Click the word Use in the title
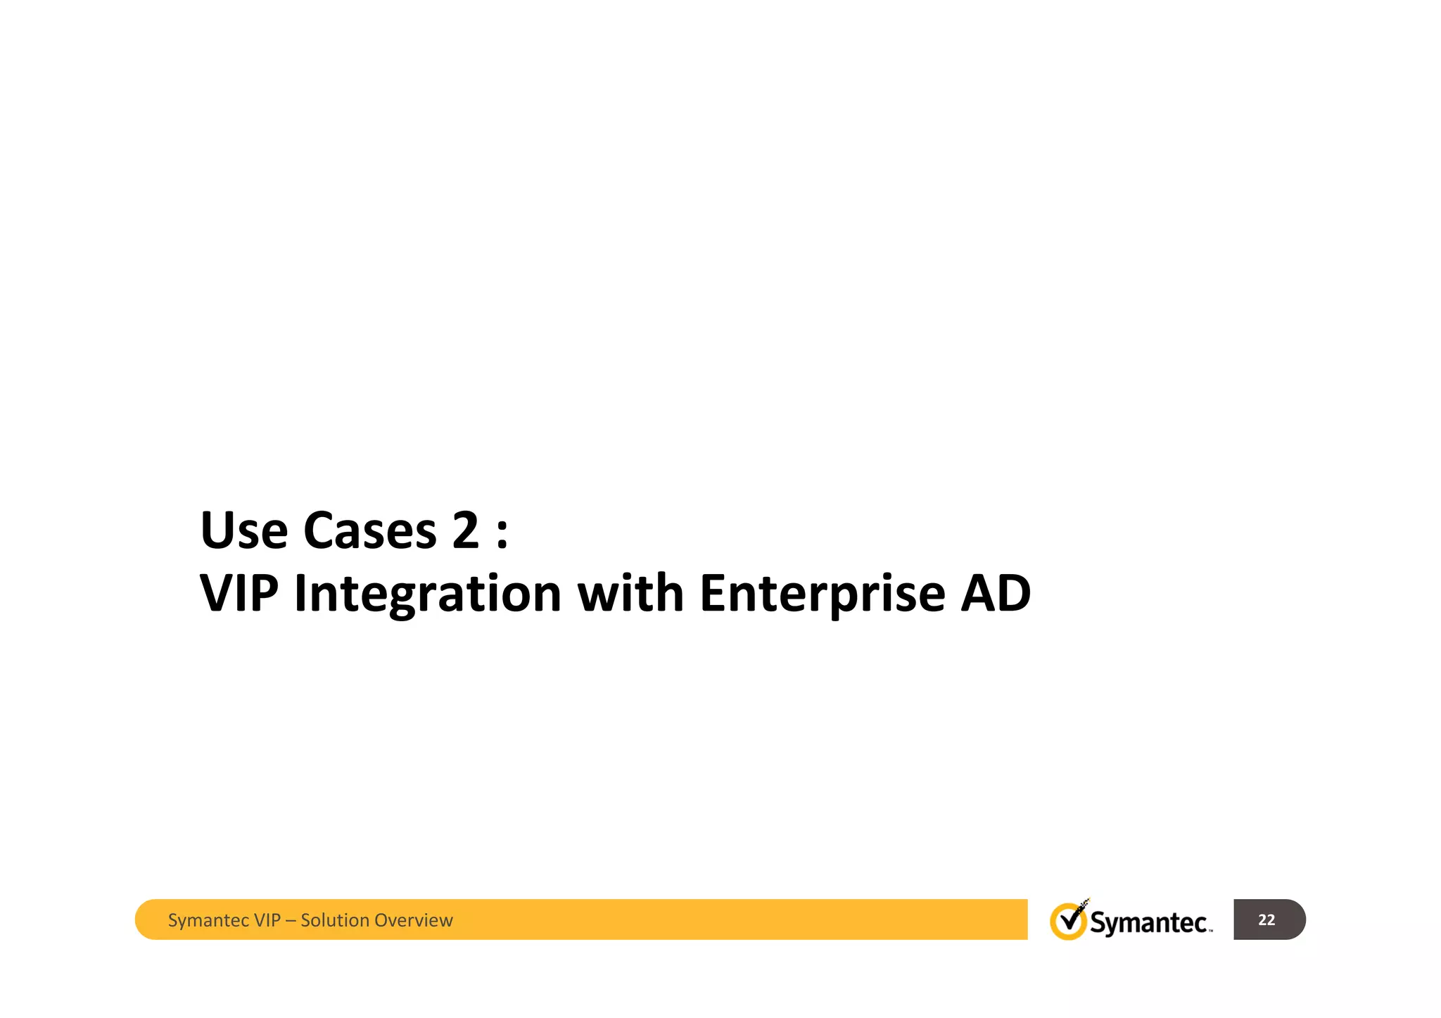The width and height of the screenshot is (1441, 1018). (x=243, y=530)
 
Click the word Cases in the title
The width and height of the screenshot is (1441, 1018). (x=369, y=530)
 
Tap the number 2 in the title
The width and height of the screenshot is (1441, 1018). (x=465, y=530)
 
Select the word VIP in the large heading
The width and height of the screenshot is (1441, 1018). (x=239, y=593)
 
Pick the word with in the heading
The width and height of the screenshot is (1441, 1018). (x=630, y=593)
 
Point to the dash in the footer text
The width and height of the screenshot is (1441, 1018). (x=290, y=921)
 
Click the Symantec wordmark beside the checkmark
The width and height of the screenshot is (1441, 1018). (x=1150, y=922)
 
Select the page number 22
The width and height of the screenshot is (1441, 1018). (x=1267, y=920)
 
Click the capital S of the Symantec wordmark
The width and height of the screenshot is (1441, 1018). (x=1098, y=922)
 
